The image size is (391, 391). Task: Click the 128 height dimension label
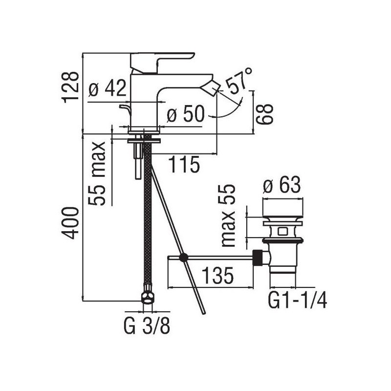coord(70,87)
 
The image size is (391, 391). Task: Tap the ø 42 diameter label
coord(108,88)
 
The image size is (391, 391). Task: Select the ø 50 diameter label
coord(186,114)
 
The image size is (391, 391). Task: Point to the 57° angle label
coord(238,81)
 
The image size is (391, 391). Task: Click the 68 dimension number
coord(265,114)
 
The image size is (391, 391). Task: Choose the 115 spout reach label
coord(184,164)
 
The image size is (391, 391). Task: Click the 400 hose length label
coord(70,223)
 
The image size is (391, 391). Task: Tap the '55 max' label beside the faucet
coord(97,174)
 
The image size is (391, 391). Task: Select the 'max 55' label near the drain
coord(228,216)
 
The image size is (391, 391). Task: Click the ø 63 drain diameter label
coord(282,185)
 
